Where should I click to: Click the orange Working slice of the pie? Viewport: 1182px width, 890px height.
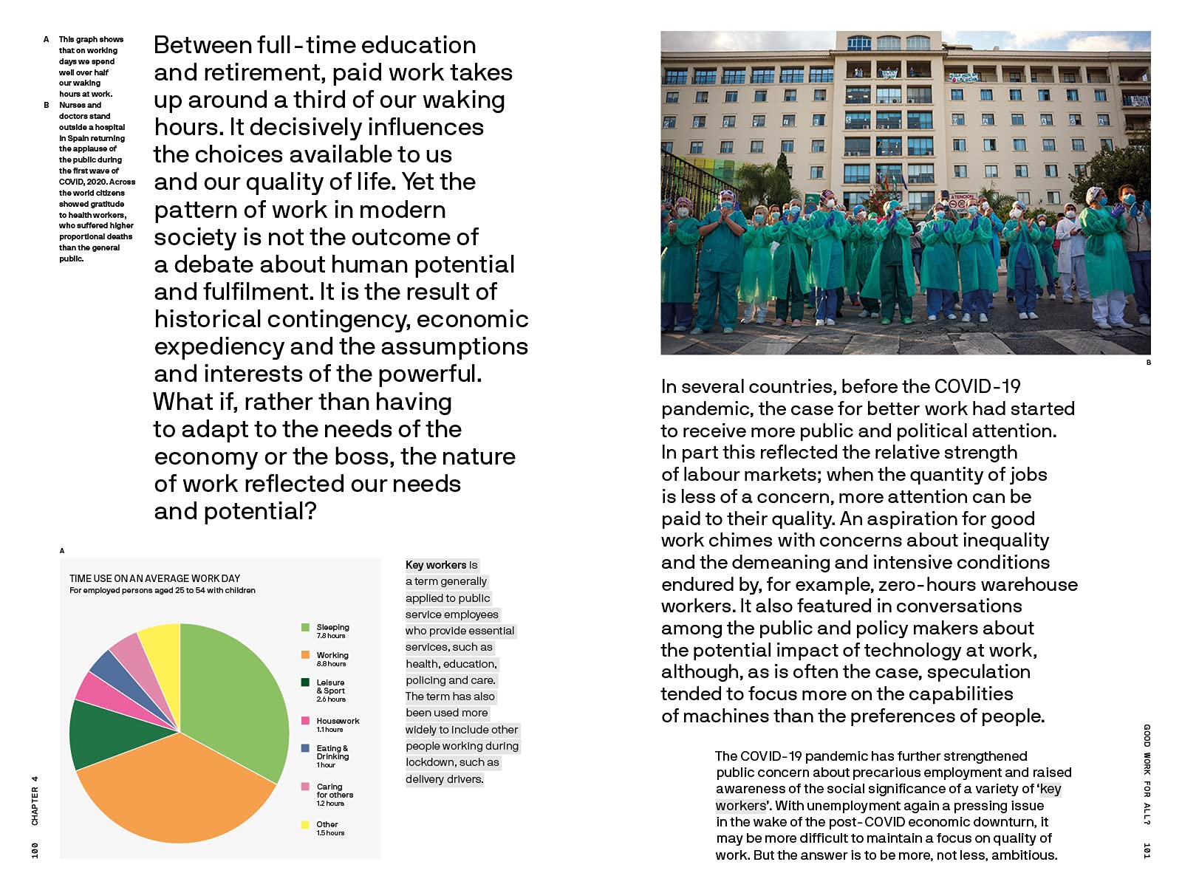177,790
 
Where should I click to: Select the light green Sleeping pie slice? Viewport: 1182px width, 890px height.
236,694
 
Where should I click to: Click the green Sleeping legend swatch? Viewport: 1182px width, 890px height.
305,628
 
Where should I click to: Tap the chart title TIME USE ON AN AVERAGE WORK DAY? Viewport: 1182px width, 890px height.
154,578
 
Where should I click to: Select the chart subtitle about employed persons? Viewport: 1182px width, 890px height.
163,591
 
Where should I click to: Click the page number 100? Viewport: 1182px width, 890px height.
35,850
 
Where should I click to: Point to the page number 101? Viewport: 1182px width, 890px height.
1147,850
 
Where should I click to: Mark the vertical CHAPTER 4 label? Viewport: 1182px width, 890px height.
35,801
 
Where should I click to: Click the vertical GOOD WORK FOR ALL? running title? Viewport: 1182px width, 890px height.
1147,775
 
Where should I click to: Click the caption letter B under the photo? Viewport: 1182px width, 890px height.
1149,363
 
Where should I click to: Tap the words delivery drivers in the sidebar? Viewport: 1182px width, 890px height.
444,779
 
